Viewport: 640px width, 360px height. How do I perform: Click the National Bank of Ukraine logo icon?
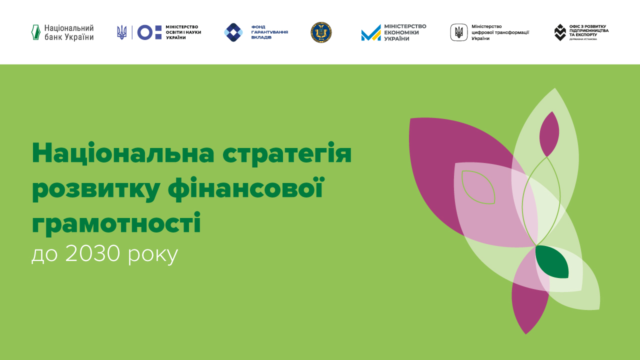[35, 32]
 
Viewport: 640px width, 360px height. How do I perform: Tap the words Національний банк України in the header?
[68, 32]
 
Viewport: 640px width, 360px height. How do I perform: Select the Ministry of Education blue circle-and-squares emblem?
[149, 32]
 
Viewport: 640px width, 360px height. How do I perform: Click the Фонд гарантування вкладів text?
[269, 32]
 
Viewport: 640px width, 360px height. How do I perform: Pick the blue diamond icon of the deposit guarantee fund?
[233, 32]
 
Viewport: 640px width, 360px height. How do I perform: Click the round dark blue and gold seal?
[321, 32]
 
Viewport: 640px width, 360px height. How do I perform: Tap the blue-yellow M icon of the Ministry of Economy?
[371, 33]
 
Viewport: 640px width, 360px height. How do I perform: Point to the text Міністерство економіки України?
[405, 32]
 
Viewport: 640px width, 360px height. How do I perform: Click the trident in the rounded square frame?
[459, 32]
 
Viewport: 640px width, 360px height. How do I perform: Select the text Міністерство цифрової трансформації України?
[500, 32]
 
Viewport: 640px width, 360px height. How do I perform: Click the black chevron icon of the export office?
[560, 32]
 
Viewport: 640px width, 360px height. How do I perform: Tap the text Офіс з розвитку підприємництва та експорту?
[589, 31]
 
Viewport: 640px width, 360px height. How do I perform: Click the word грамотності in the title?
[116, 223]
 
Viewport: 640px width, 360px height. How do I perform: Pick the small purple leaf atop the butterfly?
[548, 133]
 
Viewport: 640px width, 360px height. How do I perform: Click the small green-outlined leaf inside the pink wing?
[478, 187]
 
